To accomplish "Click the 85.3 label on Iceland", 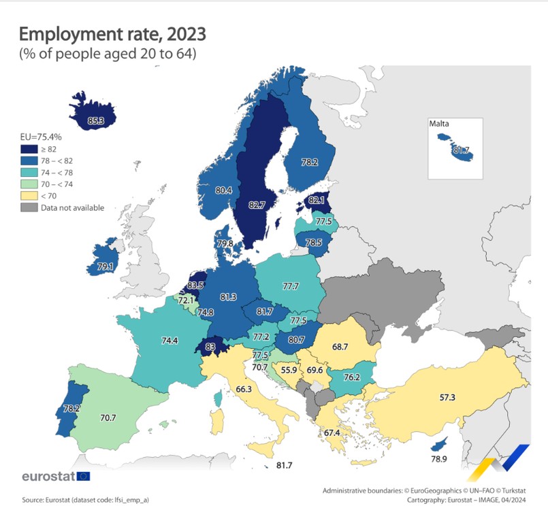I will pos(96,122).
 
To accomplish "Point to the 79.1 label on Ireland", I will pos(106,267).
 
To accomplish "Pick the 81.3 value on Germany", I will pos(229,296).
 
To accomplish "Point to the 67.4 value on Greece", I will pos(332,432).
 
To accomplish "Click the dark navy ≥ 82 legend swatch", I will pos(28,149).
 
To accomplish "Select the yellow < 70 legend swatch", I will pos(28,196).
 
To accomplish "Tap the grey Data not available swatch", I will pos(28,207).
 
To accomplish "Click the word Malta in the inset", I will pos(440,124).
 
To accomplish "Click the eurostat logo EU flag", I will pos(84,476).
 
